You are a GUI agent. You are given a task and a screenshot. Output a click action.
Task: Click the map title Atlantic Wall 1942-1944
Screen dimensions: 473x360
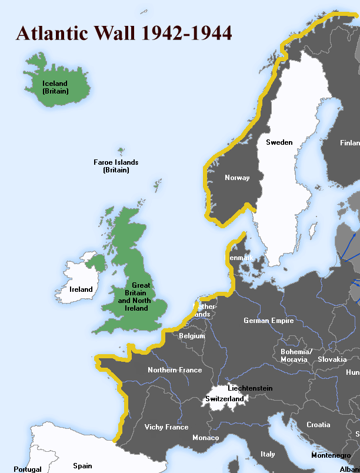124,33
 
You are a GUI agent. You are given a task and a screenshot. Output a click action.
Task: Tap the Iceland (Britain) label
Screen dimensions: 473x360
55,88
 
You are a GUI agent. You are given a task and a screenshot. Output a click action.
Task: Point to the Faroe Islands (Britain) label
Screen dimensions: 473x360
116,166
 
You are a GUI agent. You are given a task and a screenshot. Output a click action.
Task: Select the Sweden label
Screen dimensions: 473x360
279,142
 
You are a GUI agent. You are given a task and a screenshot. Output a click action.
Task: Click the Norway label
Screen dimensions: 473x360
237,178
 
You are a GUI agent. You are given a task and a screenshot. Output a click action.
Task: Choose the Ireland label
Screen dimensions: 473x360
81,289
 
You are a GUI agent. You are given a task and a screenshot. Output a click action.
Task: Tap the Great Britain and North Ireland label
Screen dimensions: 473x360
133,297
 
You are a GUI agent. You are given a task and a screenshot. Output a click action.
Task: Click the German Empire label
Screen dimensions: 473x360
269,321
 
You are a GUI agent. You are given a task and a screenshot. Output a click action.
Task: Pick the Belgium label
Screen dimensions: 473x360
192,337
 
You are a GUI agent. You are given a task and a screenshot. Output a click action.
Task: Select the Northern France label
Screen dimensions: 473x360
175,370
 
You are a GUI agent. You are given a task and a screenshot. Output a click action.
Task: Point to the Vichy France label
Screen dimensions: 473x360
167,427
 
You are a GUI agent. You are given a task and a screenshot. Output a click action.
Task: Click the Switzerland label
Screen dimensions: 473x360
224,399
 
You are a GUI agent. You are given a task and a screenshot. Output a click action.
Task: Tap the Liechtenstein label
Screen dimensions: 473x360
250,388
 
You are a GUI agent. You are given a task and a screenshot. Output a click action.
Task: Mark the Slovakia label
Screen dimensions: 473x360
332,359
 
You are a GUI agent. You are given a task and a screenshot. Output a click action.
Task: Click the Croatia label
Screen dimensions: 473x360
318,425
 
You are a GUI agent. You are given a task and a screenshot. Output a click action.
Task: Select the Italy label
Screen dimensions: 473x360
268,454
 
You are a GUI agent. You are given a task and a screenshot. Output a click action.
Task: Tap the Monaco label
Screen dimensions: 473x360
205,438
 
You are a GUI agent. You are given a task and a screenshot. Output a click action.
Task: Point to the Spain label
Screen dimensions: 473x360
82,466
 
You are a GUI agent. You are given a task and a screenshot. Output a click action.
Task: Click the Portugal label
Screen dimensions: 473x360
28,469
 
